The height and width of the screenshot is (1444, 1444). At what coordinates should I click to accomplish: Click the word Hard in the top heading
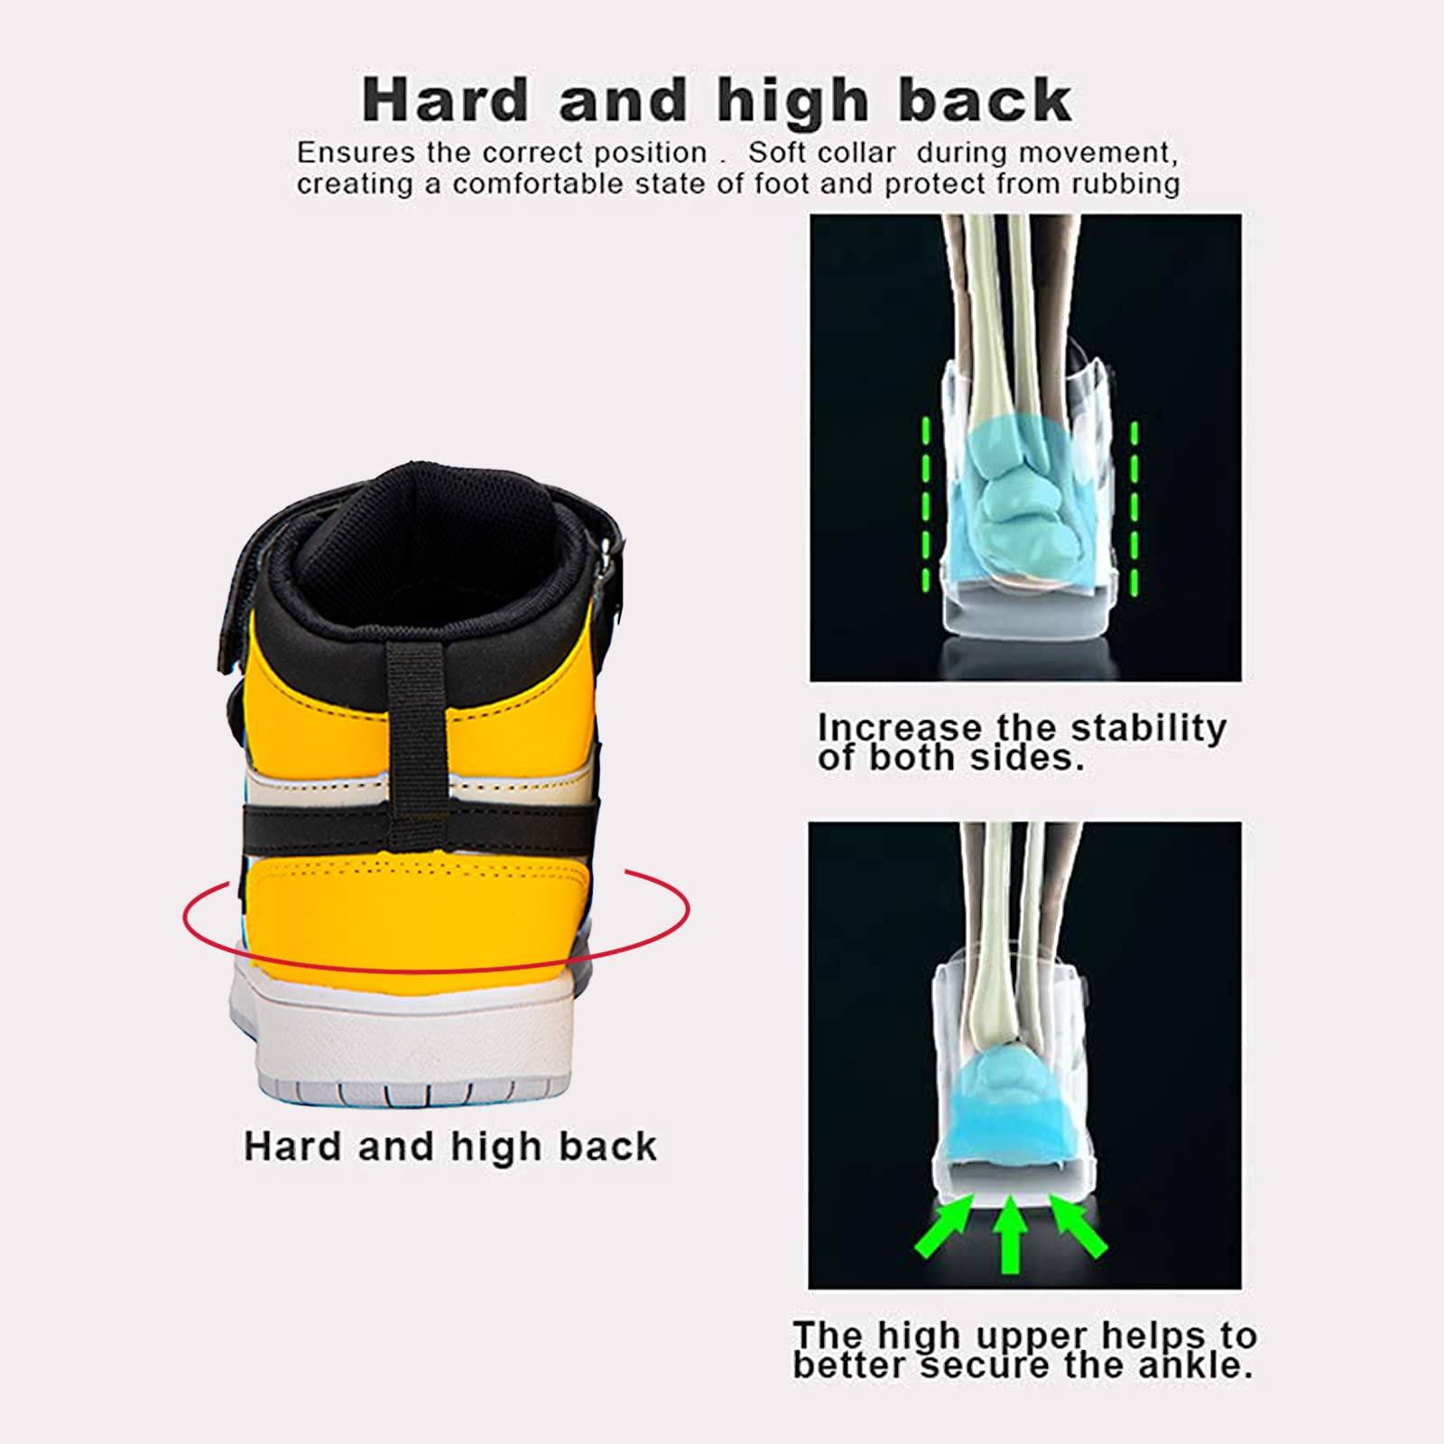pos(444,100)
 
